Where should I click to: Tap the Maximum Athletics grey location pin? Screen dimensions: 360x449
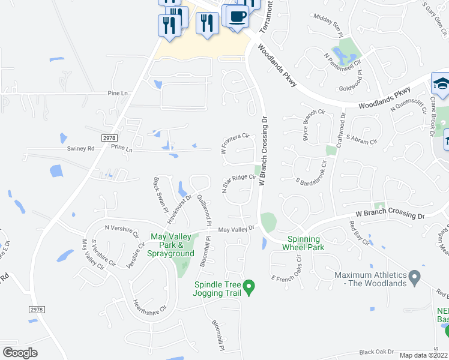tap(414, 277)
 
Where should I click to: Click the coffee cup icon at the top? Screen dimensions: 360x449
tap(237, 16)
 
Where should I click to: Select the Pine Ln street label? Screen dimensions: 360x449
tap(118, 94)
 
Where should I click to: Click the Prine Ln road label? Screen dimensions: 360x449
tap(121, 151)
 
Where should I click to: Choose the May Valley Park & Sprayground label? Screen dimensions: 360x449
tap(172, 245)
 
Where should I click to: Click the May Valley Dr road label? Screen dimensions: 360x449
tap(237, 229)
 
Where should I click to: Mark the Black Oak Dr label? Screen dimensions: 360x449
tap(376, 352)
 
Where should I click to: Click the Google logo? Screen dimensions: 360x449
tap(20, 352)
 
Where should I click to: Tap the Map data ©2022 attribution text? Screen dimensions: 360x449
tap(424, 355)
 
